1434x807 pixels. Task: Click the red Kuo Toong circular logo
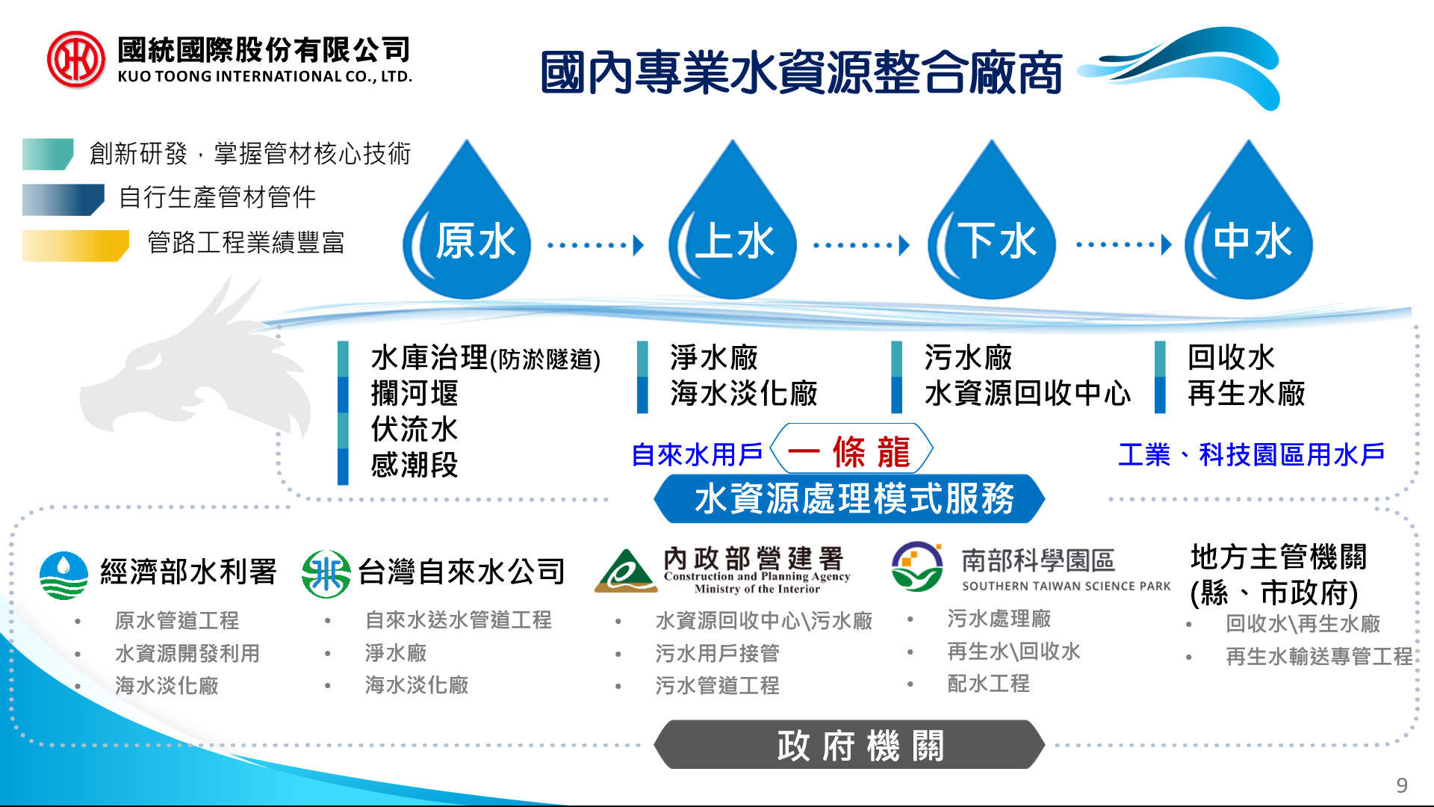pyautogui.click(x=75, y=59)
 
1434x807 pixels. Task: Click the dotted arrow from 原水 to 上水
pyautogui.click(x=595, y=245)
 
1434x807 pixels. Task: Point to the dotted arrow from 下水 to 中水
pyautogui.click(x=1124, y=245)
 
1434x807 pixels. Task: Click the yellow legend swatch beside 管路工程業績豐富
pyautogui.click(x=75, y=246)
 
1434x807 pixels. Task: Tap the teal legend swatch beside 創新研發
pyautogui.click(x=48, y=155)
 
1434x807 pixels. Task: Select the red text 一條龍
pyautogui.click(x=849, y=452)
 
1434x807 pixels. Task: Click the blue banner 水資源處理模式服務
pyautogui.click(x=849, y=498)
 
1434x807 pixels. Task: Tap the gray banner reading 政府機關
pyautogui.click(x=849, y=745)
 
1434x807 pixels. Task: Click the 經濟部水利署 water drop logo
pyautogui.click(x=63, y=575)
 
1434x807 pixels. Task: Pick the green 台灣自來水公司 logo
pyautogui.click(x=326, y=574)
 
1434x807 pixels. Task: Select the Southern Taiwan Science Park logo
pyautogui.click(x=917, y=566)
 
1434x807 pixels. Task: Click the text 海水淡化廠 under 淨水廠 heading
pyautogui.click(x=744, y=393)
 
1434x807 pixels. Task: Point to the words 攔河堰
pyautogui.click(x=415, y=393)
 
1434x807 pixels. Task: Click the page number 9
pyautogui.click(x=1402, y=785)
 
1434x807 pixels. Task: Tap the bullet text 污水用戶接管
pyautogui.click(x=717, y=653)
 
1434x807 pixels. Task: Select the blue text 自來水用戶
pyautogui.click(x=697, y=454)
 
